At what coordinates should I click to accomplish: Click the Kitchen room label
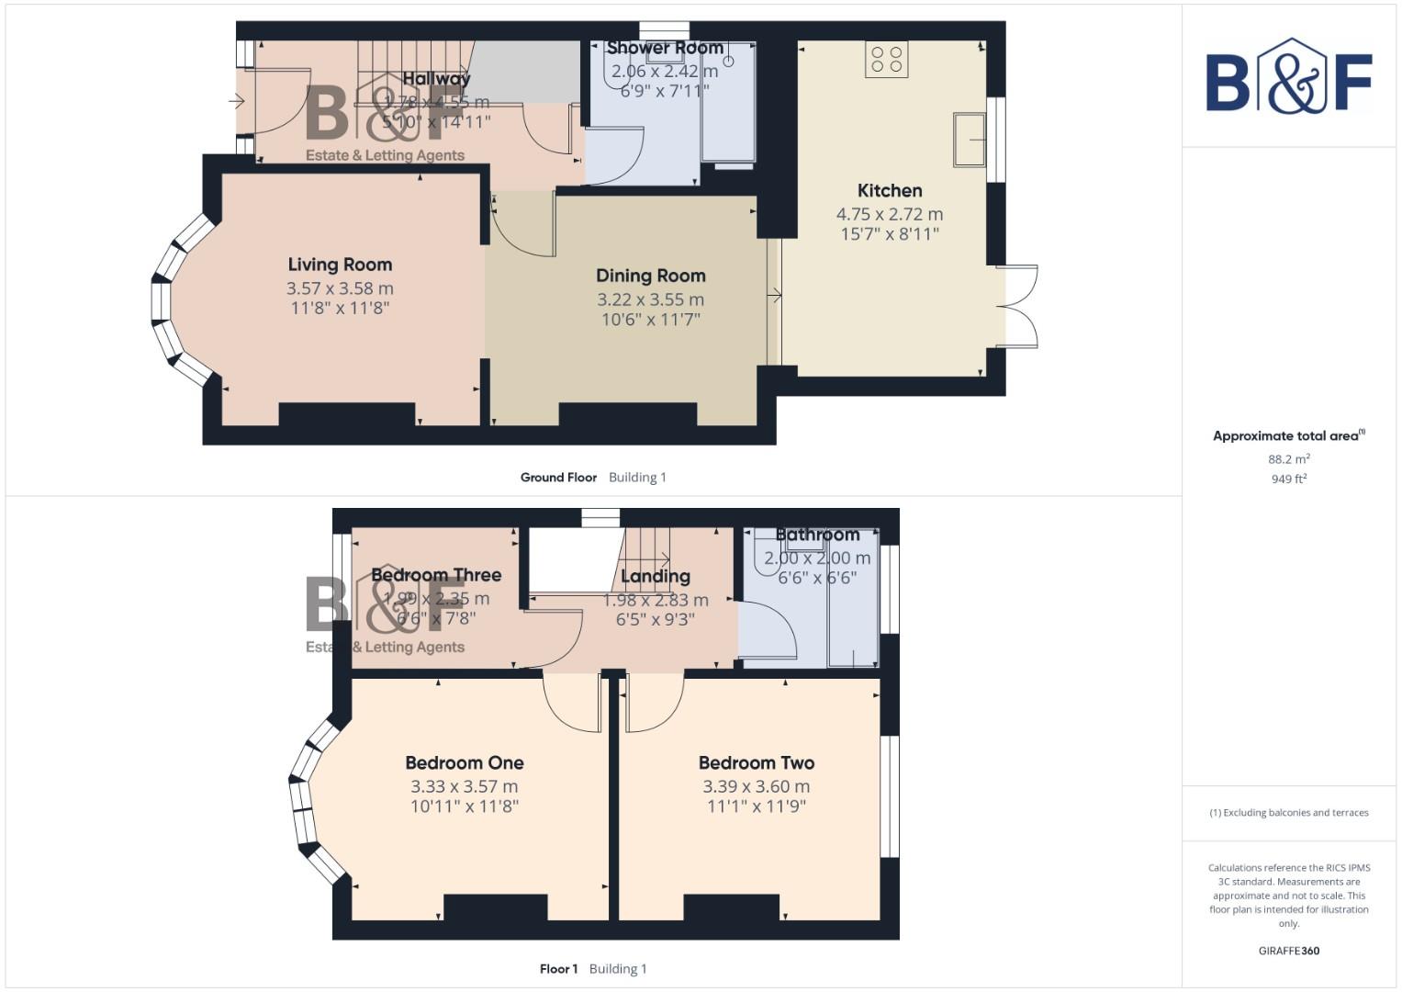click(x=889, y=191)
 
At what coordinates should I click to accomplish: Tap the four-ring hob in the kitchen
click(x=886, y=60)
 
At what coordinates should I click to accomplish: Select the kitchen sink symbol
click(x=969, y=140)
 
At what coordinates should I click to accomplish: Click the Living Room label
click(x=340, y=265)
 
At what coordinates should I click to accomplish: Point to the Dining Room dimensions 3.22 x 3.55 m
click(x=650, y=299)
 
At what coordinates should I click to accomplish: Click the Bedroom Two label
click(x=756, y=762)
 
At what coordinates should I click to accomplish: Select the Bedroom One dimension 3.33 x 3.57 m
click(x=464, y=786)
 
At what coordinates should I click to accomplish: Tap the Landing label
click(x=655, y=577)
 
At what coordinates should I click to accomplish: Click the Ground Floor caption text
click(x=558, y=478)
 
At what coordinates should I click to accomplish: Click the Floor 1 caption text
click(x=558, y=969)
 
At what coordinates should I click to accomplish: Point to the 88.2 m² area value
click(x=1288, y=459)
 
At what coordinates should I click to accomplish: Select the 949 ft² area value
click(x=1288, y=479)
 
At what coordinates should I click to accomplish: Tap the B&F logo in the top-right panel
click(x=1288, y=78)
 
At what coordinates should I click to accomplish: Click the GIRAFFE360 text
click(x=1288, y=951)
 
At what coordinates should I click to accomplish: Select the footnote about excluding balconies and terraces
click(x=1288, y=813)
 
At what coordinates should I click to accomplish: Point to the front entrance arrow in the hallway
click(x=238, y=102)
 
